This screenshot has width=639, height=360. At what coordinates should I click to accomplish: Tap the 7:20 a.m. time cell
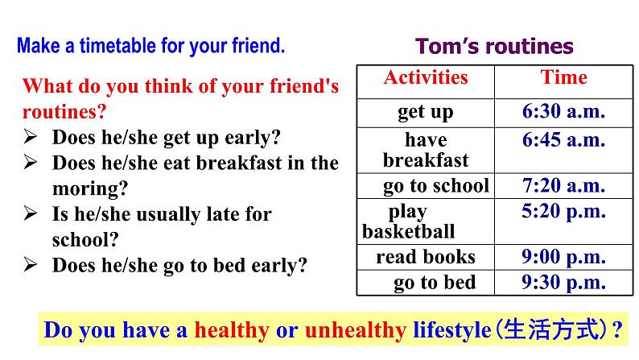(x=563, y=185)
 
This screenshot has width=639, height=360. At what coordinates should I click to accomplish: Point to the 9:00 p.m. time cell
(x=563, y=257)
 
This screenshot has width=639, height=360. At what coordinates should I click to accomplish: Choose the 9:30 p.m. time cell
(x=563, y=282)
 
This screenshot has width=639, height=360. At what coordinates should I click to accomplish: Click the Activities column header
(x=426, y=77)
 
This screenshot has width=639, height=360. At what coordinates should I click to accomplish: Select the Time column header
(x=563, y=77)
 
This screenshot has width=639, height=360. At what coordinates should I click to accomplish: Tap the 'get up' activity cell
(x=426, y=112)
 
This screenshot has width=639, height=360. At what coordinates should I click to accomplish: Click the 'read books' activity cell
(x=426, y=257)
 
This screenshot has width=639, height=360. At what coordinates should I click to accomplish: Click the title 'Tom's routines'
(x=494, y=46)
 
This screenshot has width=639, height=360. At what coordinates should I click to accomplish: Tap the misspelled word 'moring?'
(x=90, y=188)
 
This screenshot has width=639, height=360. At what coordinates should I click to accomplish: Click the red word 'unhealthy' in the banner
(x=356, y=330)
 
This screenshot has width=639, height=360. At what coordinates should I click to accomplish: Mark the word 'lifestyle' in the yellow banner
(x=452, y=330)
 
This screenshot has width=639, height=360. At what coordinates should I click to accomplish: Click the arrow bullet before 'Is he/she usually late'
(x=30, y=213)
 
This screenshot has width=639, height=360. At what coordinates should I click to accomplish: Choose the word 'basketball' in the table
(x=408, y=232)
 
